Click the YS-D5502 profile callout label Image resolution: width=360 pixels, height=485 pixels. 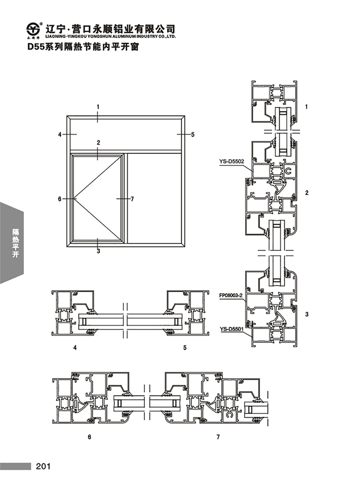click(231, 161)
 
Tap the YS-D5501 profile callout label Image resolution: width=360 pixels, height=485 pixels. click(231, 328)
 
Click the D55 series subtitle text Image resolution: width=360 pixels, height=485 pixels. click(83, 47)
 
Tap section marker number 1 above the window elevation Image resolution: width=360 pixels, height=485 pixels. click(98, 107)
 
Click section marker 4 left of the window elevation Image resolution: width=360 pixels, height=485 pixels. click(60, 134)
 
